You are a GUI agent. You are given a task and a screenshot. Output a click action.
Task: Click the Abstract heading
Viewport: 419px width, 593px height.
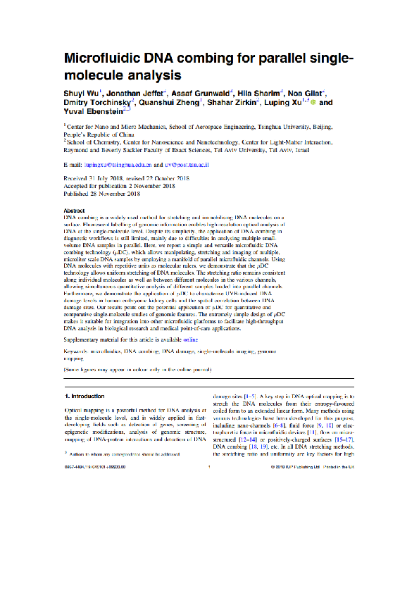[75, 211]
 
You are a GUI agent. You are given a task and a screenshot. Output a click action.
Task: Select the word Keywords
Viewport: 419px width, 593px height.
[76, 350]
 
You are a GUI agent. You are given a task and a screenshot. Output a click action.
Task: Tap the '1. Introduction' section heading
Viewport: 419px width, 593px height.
[85, 397]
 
